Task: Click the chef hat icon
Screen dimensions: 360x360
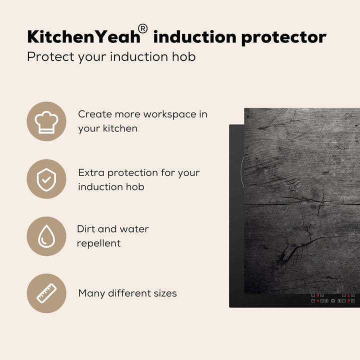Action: click(x=46, y=122)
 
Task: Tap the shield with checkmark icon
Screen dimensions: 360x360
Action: click(x=46, y=179)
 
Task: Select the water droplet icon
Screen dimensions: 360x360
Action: click(x=46, y=236)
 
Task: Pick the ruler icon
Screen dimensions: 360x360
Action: click(x=46, y=293)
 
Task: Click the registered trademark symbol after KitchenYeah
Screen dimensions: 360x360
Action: click(x=142, y=29)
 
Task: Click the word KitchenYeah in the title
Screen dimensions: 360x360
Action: click(x=84, y=36)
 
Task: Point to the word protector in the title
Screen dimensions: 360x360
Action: click(x=284, y=37)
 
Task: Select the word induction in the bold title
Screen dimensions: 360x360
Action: click(x=194, y=36)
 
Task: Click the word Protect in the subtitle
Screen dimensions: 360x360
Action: click(x=50, y=56)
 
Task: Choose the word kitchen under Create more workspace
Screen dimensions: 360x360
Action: click(x=120, y=128)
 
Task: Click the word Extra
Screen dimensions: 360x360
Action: click(x=91, y=172)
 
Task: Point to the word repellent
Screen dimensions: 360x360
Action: click(x=98, y=243)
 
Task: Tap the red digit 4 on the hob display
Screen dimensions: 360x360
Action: click(x=318, y=301)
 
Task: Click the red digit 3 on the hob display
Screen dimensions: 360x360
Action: click(x=348, y=301)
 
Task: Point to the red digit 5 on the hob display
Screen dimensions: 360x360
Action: click(x=348, y=295)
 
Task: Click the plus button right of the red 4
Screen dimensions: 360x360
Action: click(x=322, y=301)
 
